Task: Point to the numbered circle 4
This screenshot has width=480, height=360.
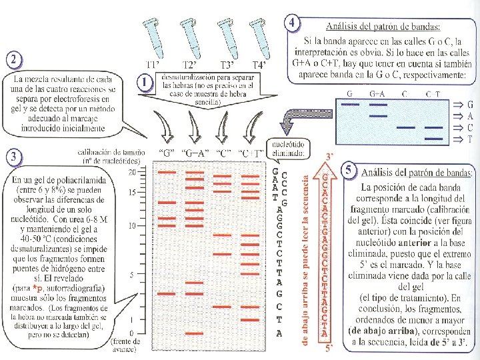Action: pyautogui.click(x=291, y=23)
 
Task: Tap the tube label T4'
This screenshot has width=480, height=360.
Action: pyautogui.click(x=261, y=65)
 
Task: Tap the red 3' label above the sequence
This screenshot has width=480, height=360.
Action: pyautogui.click(x=328, y=155)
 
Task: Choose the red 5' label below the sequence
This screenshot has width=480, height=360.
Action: pyautogui.click(x=327, y=347)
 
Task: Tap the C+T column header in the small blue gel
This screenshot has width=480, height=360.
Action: pyautogui.click(x=433, y=94)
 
